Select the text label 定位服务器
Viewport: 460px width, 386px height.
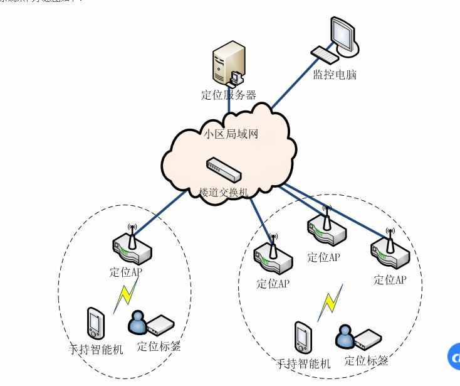click(x=228, y=95)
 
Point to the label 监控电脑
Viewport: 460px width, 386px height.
click(x=335, y=75)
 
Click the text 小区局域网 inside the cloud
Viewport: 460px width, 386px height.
click(x=231, y=134)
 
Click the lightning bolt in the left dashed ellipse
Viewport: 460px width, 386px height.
click(x=127, y=295)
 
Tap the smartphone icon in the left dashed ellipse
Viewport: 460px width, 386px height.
click(x=95, y=323)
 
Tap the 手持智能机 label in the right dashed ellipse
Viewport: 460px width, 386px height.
click(x=303, y=363)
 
